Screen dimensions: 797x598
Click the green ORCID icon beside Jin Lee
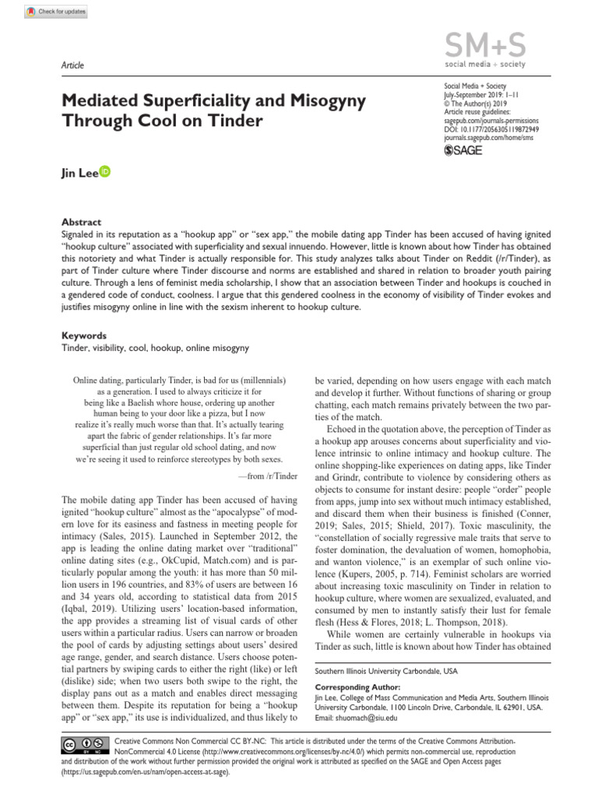pos(105,171)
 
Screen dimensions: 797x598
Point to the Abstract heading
pos(81,222)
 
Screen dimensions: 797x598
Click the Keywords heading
pos(84,336)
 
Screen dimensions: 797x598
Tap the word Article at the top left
pos(72,65)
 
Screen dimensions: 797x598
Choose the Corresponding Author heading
pos(357,687)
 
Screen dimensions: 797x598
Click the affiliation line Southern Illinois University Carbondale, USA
pos(385,670)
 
